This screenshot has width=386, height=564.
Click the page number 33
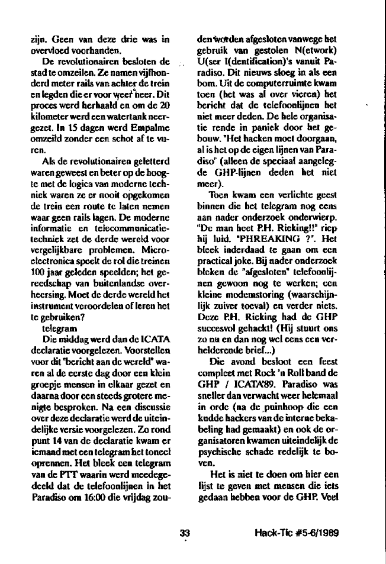pos(184,532)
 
